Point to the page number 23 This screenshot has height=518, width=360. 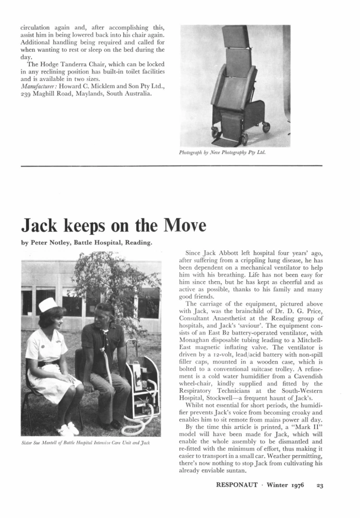coord(320,485)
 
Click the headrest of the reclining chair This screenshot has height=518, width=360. coord(235,36)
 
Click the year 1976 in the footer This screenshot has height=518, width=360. coord(300,485)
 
